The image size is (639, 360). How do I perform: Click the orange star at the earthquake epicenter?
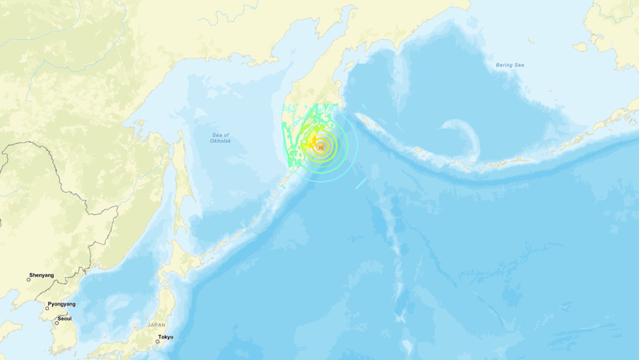(321, 146)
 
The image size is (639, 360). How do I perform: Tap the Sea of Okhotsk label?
(220, 138)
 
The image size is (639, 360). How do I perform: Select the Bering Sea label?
(510, 65)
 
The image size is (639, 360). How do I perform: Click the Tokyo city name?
(165, 337)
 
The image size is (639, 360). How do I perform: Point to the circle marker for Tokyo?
(158, 341)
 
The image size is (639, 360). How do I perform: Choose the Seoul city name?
(65, 318)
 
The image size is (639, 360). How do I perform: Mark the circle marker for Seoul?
(57, 323)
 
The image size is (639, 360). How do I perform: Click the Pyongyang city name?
(62, 304)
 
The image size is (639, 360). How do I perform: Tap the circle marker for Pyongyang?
(47, 308)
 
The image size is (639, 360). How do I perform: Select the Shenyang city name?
(42, 275)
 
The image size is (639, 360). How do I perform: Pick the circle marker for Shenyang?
(29, 280)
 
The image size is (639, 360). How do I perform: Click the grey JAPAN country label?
(157, 325)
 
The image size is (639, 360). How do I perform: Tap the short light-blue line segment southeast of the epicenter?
(361, 183)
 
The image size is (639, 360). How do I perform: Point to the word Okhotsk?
(220, 141)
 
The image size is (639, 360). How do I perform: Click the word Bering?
(503, 65)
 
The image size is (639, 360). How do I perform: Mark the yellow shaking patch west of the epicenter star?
(308, 143)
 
